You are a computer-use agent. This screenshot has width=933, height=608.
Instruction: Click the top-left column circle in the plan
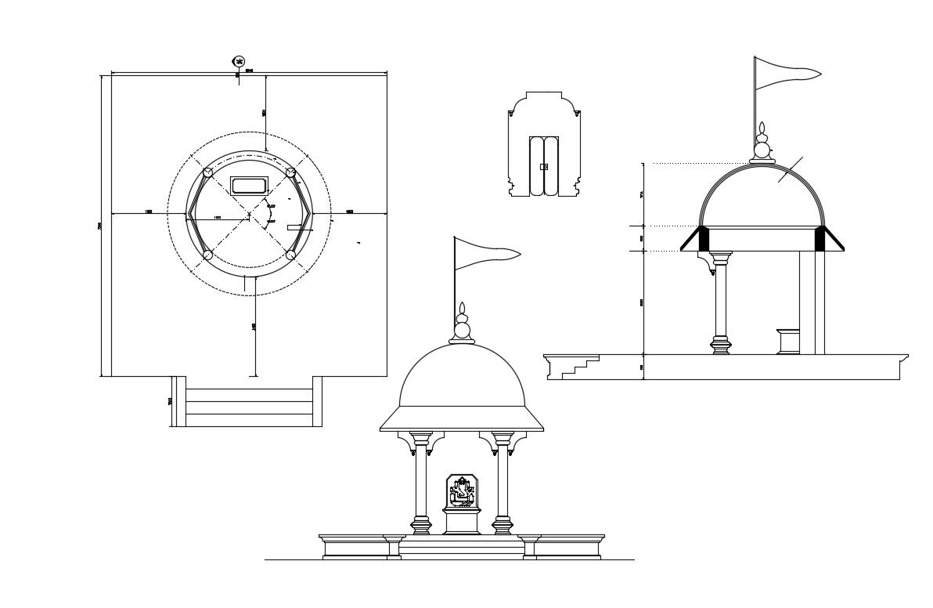[207, 172]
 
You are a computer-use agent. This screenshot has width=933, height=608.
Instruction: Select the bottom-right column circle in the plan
[290, 255]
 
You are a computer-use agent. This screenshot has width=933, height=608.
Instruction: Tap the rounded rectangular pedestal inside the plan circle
[250, 186]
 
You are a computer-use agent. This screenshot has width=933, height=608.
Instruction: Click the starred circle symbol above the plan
[239, 61]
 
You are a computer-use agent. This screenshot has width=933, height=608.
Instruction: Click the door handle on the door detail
[544, 167]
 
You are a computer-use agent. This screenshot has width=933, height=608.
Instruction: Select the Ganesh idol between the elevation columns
[461, 491]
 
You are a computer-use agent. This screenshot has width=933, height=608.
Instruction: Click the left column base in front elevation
[421, 525]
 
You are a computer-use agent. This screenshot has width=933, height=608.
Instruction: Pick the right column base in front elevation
[503, 525]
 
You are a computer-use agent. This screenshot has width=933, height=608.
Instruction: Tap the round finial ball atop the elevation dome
[463, 330]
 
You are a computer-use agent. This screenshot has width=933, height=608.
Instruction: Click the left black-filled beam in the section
[704, 239]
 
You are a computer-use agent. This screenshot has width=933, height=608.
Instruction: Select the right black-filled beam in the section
[820, 239]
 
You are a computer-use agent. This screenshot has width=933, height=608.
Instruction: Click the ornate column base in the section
[721, 345]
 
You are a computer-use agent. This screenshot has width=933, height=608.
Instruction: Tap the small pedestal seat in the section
[790, 342]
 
